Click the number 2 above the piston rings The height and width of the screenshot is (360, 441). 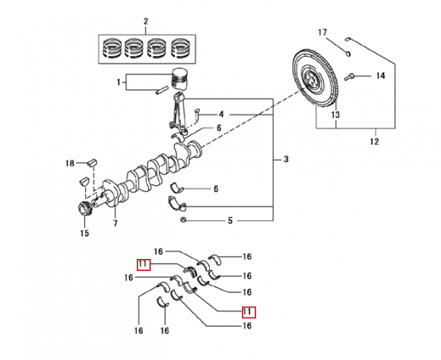(x=146, y=21)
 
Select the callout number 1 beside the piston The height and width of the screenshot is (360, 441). (x=119, y=82)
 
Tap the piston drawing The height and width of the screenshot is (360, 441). (x=180, y=79)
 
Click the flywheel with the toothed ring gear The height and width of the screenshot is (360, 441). (x=315, y=78)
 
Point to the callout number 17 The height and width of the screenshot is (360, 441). (x=322, y=33)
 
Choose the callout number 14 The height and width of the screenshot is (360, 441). (x=380, y=76)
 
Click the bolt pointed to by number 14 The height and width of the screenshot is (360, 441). (x=349, y=76)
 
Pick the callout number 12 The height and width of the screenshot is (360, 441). (x=374, y=141)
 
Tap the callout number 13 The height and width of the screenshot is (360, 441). (x=335, y=115)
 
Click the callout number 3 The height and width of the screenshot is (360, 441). (x=286, y=159)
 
